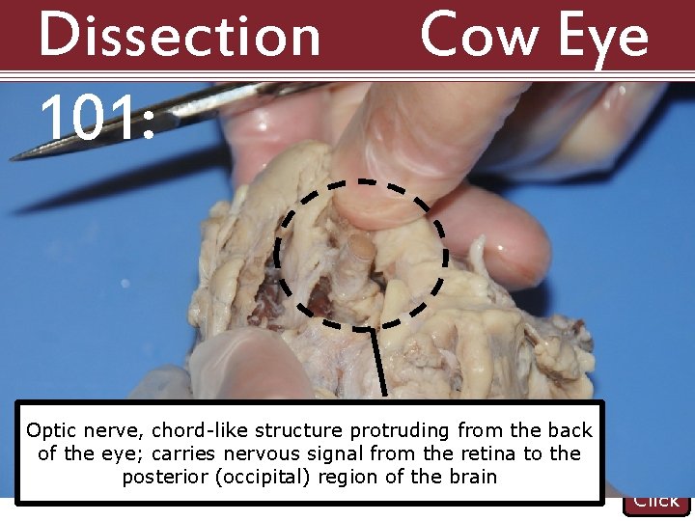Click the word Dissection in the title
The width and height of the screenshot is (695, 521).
coord(179,36)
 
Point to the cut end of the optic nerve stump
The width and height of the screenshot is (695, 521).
coord(360,246)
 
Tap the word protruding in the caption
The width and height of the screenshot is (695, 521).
coord(403,430)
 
